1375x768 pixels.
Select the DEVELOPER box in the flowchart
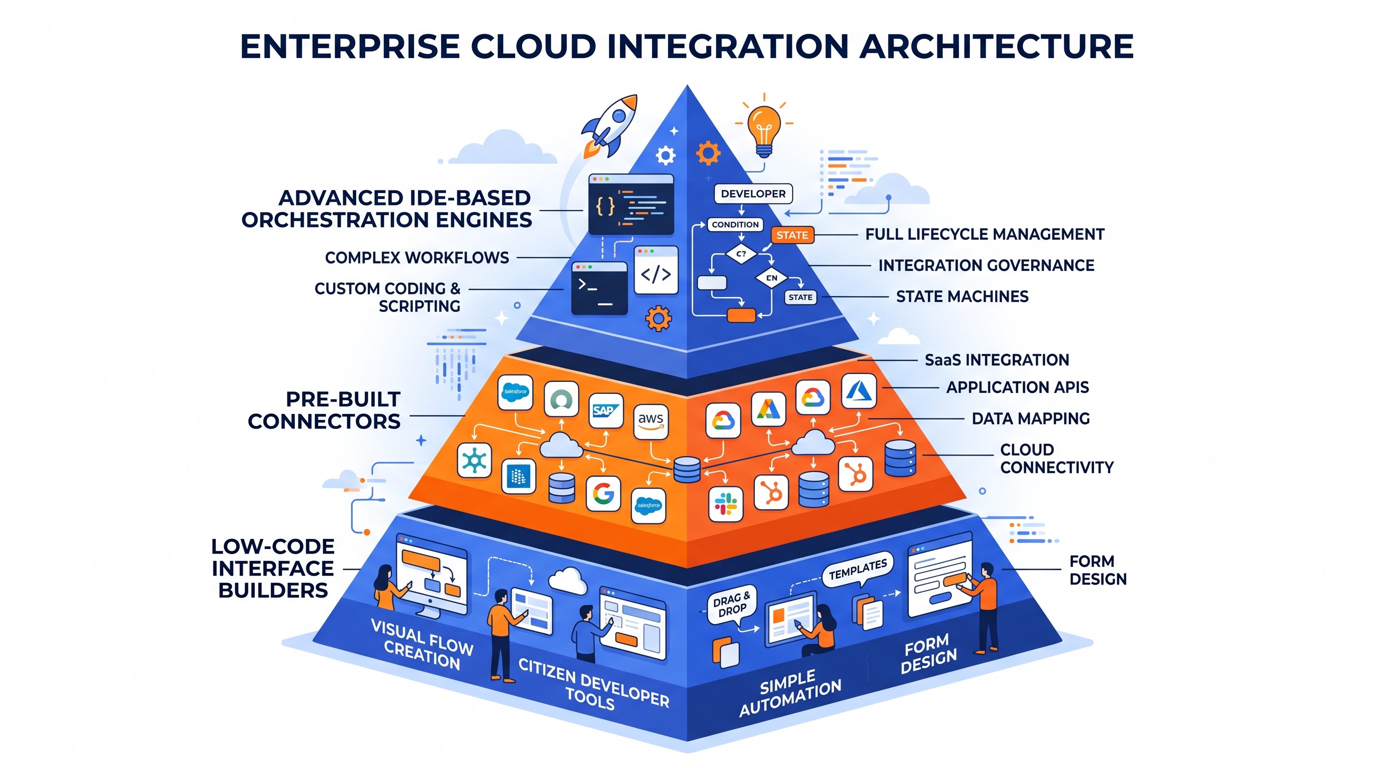[753, 194]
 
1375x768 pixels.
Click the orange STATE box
[792, 235]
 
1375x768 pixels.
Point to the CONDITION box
[735, 224]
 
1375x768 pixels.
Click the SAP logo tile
[606, 410]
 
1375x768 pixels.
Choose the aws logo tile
[651, 421]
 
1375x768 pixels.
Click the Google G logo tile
[603, 493]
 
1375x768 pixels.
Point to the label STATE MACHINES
[962, 296]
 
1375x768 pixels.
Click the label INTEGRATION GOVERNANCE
[986, 265]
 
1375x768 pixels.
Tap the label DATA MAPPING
[1031, 418]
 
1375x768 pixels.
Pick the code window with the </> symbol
[656, 269]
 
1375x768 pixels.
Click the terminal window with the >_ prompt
[600, 288]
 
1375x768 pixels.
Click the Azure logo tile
[859, 391]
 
